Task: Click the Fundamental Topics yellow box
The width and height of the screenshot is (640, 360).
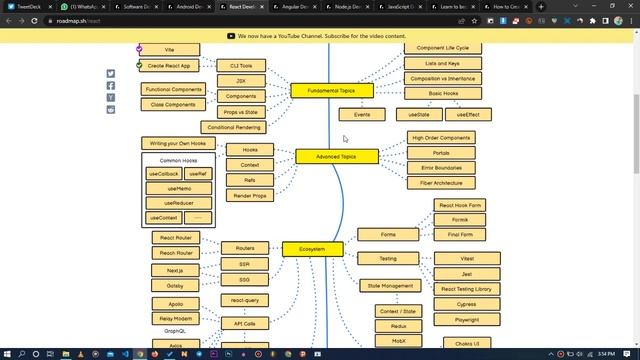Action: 331,90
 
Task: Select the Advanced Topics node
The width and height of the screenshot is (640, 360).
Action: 336,156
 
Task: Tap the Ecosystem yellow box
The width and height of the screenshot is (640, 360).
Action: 312,249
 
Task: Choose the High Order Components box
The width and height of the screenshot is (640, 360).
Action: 441,138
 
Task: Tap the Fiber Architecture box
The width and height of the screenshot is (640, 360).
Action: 441,183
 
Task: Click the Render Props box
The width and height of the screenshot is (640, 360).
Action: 250,196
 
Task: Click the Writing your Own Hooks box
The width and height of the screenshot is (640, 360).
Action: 178,144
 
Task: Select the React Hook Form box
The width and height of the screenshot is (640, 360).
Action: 460,205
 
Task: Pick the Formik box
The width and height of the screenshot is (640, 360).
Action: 460,220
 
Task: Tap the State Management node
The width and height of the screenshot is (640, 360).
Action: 390,286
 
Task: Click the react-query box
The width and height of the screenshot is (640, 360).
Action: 244,300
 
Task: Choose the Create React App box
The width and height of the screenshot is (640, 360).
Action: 169,66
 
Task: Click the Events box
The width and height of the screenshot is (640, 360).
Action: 362,114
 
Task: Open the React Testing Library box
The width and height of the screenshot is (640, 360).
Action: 466,289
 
